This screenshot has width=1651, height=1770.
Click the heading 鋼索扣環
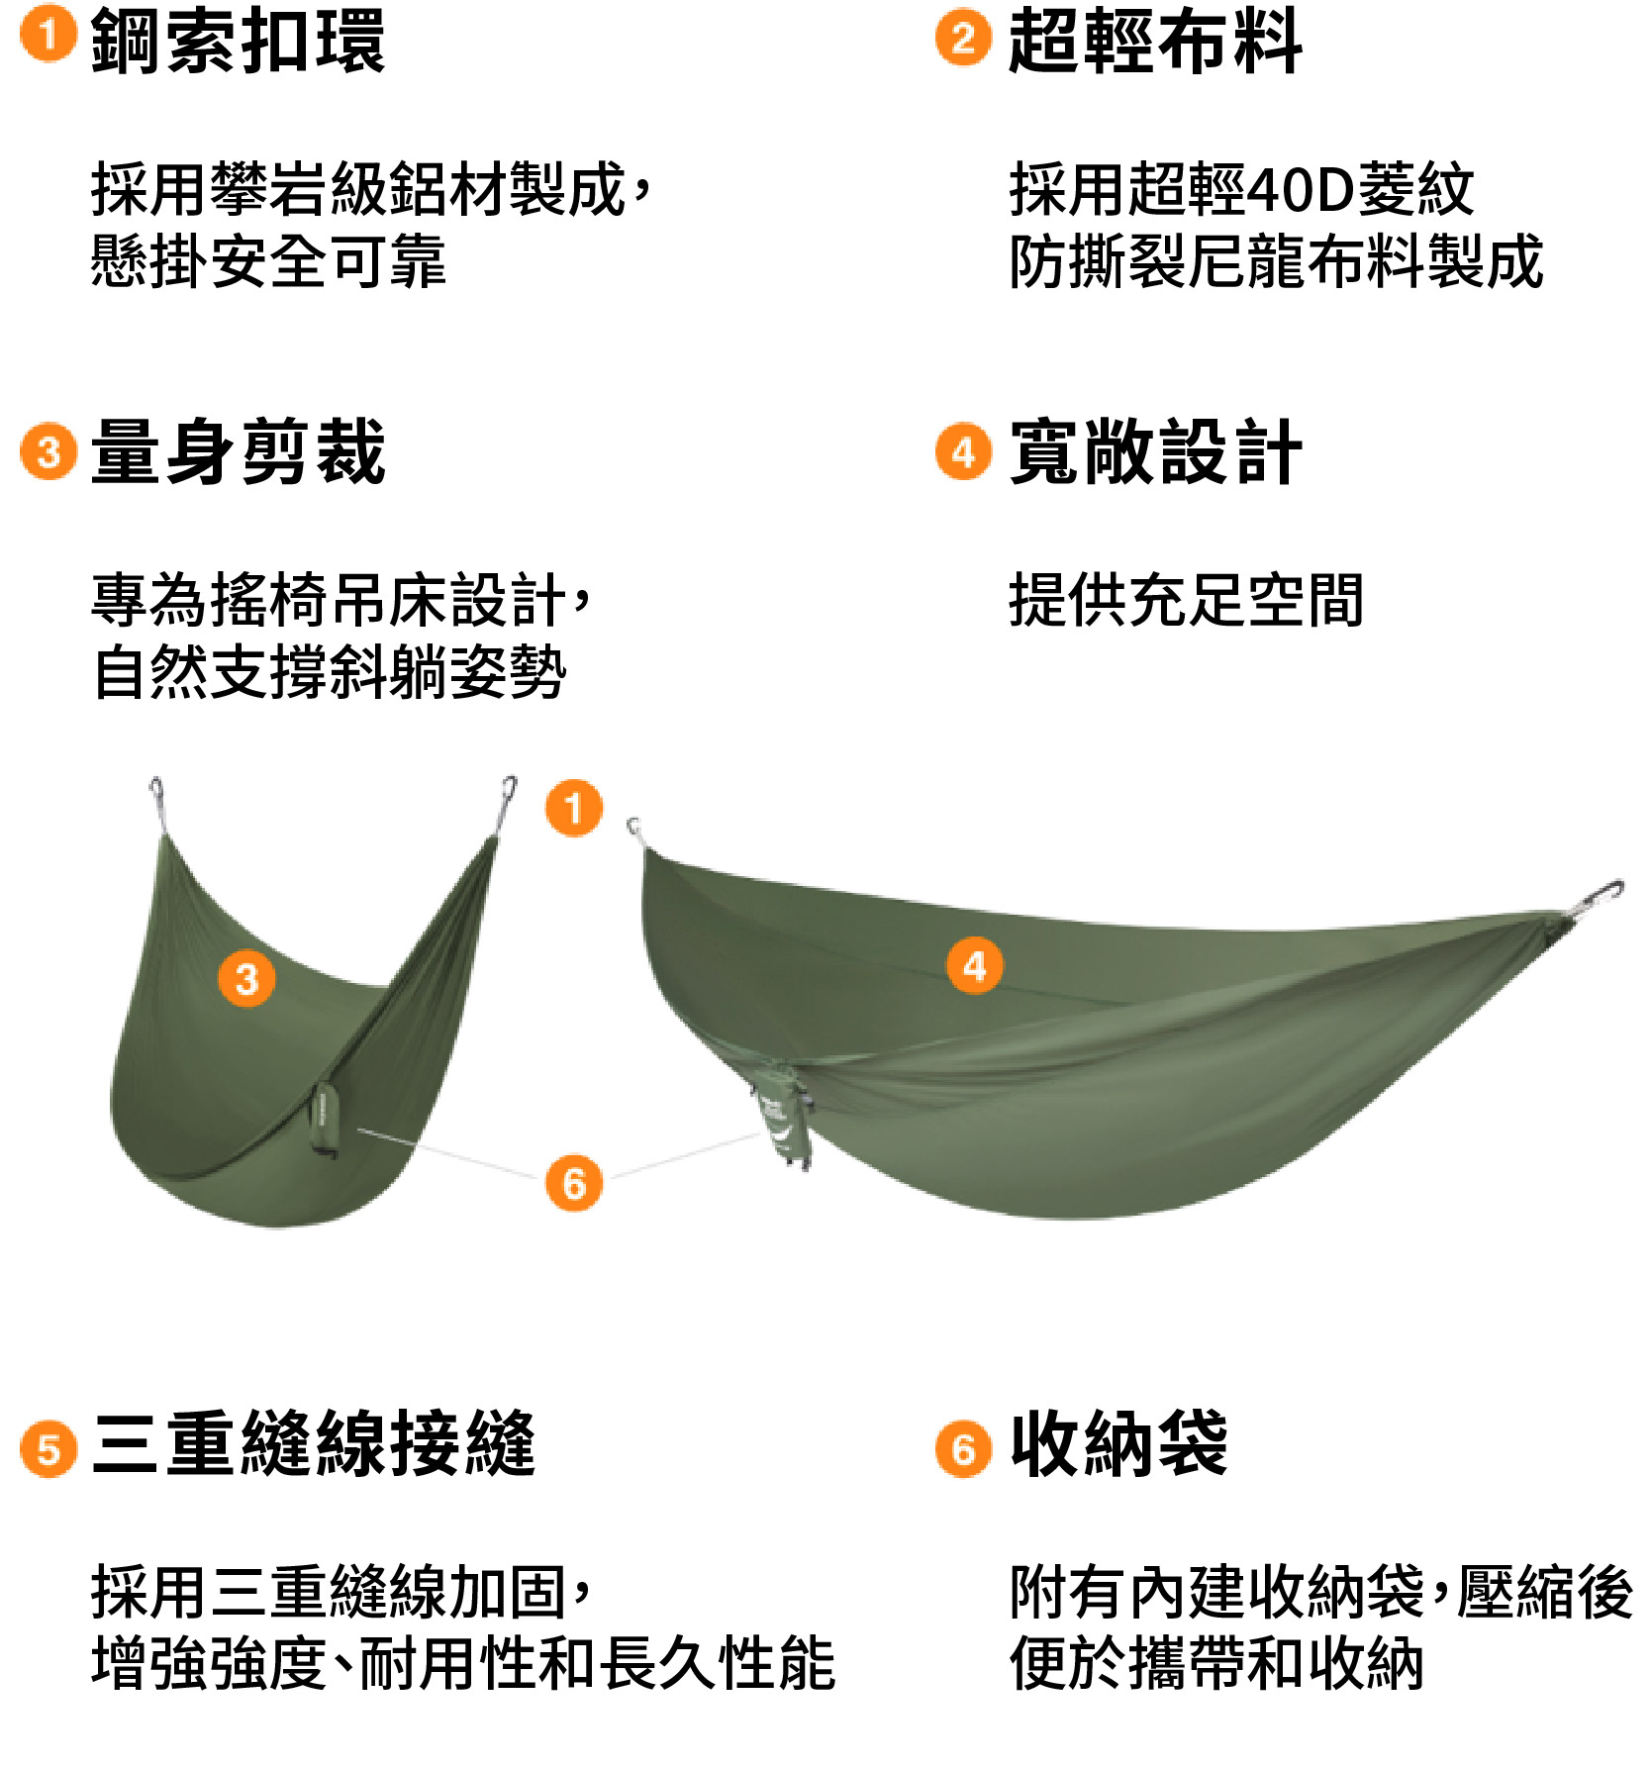[238, 41]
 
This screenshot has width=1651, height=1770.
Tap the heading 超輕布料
[1155, 41]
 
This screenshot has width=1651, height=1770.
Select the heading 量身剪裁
[238, 451]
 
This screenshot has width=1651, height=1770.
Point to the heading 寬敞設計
[1155, 451]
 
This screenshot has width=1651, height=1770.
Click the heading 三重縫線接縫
[313, 1443]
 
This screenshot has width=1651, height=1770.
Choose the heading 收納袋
[1118, 1443]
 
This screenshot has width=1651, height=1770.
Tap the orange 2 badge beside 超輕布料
[963, 39]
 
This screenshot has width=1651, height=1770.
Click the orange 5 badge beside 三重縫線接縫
[49, 1449]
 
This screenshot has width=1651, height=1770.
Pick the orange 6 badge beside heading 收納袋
[963, 1449]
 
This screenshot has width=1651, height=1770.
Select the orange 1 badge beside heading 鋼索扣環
[49, 34]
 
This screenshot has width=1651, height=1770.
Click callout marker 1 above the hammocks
[574, 808]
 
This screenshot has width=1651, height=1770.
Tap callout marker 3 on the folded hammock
[246, 979]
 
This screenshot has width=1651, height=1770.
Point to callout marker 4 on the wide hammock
[975, 965]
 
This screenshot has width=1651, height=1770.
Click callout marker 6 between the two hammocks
[574, 1182]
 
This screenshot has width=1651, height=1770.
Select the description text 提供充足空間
[1186, 600]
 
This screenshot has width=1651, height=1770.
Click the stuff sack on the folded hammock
[325, 1119]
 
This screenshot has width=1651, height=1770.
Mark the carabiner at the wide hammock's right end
[1596, 898]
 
